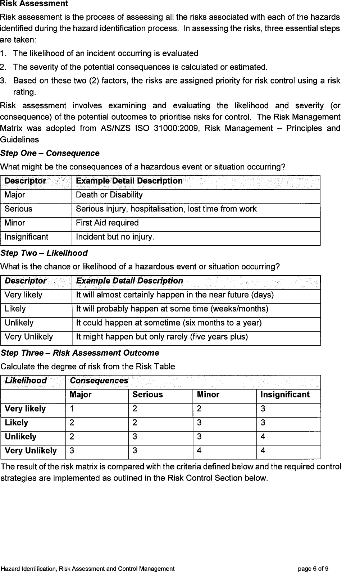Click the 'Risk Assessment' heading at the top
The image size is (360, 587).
34,4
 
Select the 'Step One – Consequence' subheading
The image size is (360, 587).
50,153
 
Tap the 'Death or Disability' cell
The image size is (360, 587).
109,195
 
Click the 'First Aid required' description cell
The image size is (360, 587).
107,223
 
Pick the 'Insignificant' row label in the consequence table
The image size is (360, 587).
26,237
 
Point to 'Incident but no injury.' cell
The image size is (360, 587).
115,237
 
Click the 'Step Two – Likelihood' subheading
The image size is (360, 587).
44,253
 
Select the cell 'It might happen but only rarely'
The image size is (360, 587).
161,337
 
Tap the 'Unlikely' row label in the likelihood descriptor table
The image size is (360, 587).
19,323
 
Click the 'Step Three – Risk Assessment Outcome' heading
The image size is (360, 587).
79,353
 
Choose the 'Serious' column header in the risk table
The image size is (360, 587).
147,395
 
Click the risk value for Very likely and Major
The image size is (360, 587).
72,409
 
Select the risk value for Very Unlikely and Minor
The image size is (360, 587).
199,451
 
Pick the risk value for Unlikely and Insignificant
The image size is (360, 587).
263,437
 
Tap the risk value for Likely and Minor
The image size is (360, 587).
199,423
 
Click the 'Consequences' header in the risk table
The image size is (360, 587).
99,381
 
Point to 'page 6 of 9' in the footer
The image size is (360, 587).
313,569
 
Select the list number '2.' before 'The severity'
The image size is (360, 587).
3,67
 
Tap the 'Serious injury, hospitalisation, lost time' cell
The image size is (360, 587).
166,209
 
